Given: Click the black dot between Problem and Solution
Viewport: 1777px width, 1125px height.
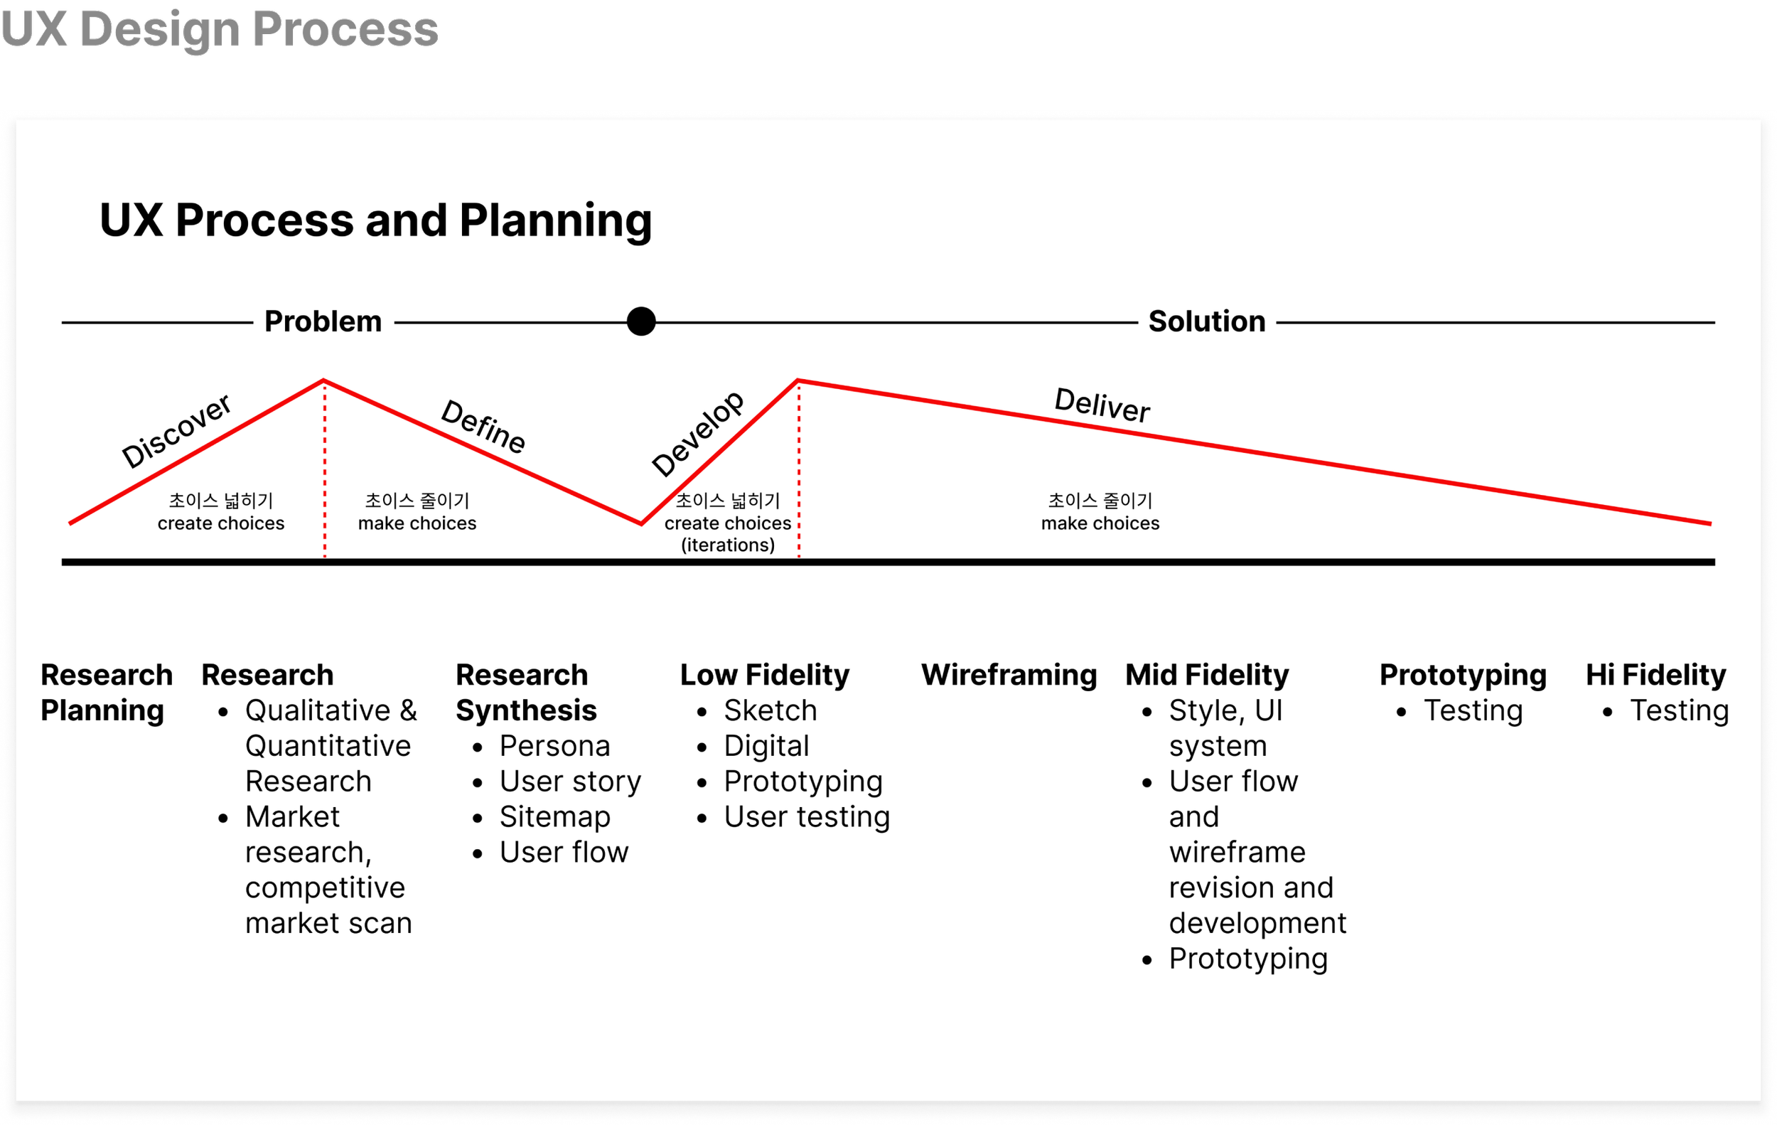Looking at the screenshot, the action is tap(640, 321).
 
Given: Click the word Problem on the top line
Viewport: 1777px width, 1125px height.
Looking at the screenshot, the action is tap(323, 321).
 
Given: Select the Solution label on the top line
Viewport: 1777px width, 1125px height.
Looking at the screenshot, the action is tap(1206, 321).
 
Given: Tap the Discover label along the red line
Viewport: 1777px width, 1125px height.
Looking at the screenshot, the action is tap(176, 431).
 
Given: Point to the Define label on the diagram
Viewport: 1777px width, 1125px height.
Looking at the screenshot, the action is tap(483, 426).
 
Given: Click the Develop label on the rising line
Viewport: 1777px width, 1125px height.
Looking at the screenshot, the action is tap(697, 433).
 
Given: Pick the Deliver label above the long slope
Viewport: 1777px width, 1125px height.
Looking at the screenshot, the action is tap(1102, 405).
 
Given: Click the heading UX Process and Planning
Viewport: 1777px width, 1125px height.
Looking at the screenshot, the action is tap(375, 220).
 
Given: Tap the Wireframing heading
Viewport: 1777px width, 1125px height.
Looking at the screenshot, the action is tap(1009, 675).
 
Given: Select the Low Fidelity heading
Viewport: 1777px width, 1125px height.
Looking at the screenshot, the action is tap(765, 675).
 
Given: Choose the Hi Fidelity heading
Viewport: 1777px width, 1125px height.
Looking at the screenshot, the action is tap(1656, 675).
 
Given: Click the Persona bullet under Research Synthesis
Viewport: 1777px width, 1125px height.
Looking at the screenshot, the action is tap(555, 745).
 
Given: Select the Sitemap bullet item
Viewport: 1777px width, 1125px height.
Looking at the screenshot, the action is tap(555, 816).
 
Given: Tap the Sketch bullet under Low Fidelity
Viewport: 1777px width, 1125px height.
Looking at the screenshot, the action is tap(771, 710).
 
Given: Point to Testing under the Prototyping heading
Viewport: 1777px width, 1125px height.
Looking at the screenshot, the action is tap(1473, 710).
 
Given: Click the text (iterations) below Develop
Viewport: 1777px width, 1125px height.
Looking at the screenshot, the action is tap(728, 545).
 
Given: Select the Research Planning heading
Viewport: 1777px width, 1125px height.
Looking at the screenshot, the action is tap(107, 693).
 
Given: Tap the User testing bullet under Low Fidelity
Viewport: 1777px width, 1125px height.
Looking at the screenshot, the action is tap(807, 816).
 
